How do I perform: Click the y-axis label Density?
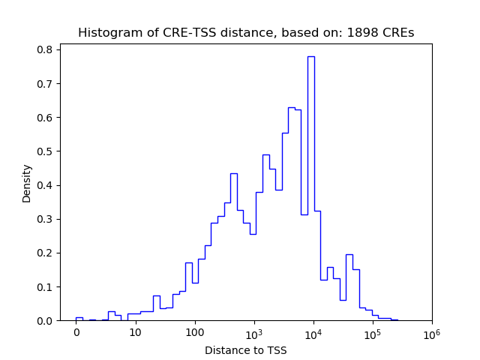click(x=27, y=183)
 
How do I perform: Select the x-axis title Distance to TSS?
click(x=245, y=349)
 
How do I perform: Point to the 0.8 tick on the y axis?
click(x=46, y=49)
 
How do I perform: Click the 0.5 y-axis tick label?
click(x=46, y=151)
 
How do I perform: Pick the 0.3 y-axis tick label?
click(x=46, y=219)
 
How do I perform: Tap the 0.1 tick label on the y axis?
click(x=46, y=287)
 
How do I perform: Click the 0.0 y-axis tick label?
click(x=46, y=321)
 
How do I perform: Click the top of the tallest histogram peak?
click(x=310, y=56)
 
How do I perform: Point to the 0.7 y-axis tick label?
click(x=46, y=83)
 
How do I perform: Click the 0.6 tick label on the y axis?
click(x=46, y=118)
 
